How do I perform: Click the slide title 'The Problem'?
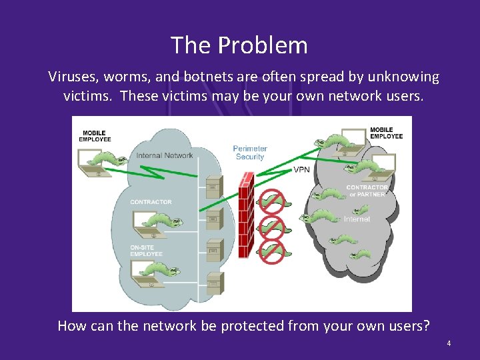point(239,45)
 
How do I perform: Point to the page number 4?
point(449,343)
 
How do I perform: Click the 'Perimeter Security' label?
point(250,153)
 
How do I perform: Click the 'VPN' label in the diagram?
point(301,170)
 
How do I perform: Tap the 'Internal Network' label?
point(165,156)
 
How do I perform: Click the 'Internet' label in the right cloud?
point(357,219)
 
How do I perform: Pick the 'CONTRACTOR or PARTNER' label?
point(367,191)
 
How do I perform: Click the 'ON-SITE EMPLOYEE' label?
point(146,251)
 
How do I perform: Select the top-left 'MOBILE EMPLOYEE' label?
point(95,136)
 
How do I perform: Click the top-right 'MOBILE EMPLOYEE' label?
point(386,133)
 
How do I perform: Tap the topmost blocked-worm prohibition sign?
point(271,199)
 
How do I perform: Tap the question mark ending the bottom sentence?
point(426,326)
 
